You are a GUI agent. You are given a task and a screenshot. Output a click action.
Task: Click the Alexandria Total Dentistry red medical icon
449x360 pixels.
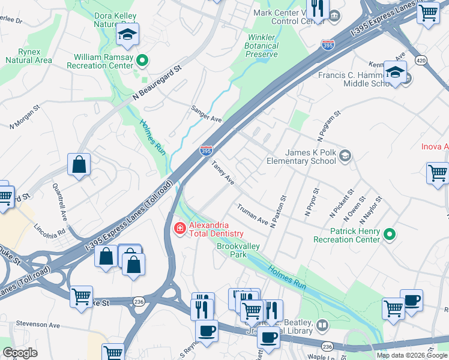point(179,229)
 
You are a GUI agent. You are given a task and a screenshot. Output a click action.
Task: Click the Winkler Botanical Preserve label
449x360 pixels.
point(263,46)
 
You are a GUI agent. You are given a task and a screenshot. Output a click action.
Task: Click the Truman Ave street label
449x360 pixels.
point(252,214)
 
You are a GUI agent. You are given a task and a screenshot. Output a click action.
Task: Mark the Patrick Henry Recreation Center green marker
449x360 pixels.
point(389,234)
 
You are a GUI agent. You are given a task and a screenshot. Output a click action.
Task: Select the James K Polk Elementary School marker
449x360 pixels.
point(345,157)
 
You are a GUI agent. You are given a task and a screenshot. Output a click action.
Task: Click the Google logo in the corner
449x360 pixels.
point(19,353)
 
